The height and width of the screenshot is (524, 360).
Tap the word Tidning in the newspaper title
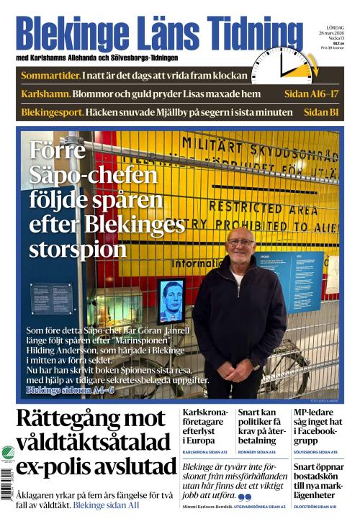click(245, 36)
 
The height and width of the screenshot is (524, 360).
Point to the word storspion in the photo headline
click(78, 249)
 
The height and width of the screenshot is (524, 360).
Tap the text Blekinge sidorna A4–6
click(70, 389)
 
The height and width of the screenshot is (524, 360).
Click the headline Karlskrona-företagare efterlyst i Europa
click(204, 426)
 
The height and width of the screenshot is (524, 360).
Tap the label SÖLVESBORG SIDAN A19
click(315, 453)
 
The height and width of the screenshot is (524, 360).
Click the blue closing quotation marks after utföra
click(245, 497)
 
